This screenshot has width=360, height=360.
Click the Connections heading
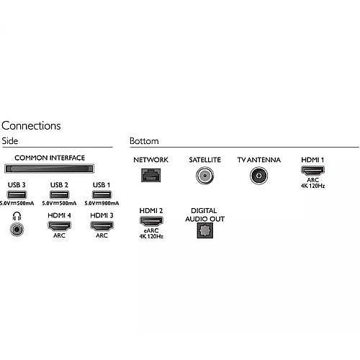pos(31,126)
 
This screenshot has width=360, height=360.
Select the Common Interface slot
pos(49,168)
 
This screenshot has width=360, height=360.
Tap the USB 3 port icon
pos(17,194)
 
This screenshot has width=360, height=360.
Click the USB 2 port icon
pos(59,194)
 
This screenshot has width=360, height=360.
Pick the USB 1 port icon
pos(102,194)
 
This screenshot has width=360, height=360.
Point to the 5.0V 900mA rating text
pos(102,203)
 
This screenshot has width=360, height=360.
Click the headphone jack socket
pos(17,229)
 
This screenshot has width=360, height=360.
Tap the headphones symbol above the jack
pos(17,216)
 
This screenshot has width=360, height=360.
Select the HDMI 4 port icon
pos(59,226)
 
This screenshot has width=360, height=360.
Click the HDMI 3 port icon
pos(102,226)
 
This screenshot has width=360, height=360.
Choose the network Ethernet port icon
pos(151,175)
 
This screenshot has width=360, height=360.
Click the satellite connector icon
pos(204,176)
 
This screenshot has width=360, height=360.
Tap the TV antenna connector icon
pos(258,176)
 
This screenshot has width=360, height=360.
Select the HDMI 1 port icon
pos(312,171)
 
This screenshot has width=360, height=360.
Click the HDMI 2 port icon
pos(151,221)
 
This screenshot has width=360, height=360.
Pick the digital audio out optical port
pos(205,230)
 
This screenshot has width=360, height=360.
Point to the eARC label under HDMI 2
pos(151,230)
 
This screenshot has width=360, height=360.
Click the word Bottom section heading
pos(144,141)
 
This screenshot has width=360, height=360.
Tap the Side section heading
pos(10,141)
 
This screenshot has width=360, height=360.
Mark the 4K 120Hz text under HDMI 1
pos(312,186)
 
